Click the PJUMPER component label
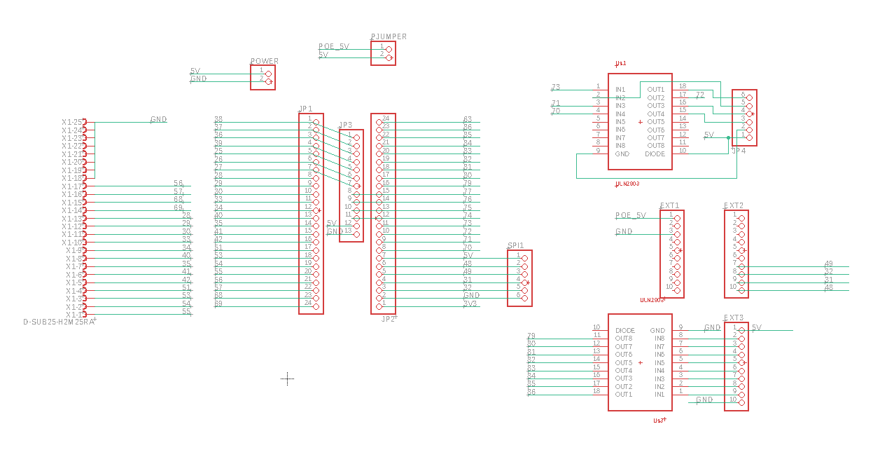pos(389,36)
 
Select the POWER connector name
pos(265,61)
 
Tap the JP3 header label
pos(345,125)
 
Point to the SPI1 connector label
pos(515,246)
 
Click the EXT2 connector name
pos(734,206)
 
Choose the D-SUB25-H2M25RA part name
pos(58,322)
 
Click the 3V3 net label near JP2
pos(471,304)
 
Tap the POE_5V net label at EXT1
pos(630,215)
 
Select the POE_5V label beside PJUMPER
pos(333,46)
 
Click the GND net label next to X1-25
pos(159,120)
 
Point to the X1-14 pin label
pos(73,210)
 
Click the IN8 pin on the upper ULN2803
pos(620,146)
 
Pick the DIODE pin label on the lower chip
pos(625,330)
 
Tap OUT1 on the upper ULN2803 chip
pos(656,90)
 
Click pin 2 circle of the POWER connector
pos(268,81)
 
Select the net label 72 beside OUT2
pos(699,95)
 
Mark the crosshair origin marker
pos(287,379)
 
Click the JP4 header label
pos(738,151)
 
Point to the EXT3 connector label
pos(734,318)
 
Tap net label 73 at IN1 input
pos(556,88)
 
